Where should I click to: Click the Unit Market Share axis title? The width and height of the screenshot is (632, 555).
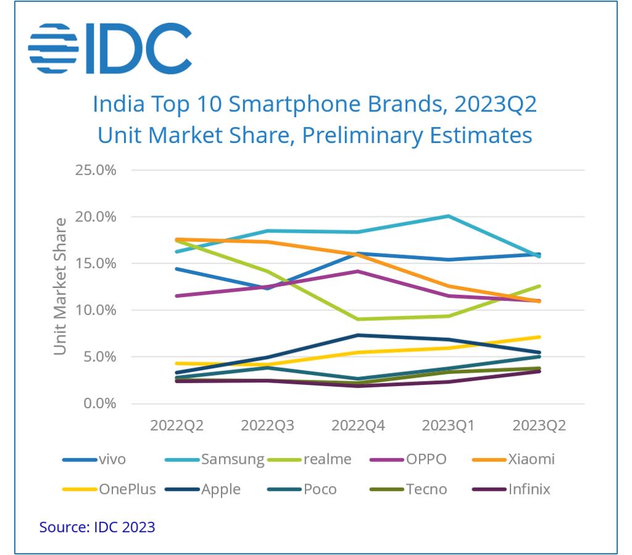click(x=59, y=286)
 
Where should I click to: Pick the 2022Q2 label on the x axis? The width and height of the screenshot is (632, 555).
click(x=177, y=426)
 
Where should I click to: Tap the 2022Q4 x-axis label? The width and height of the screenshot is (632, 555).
click(x=358, y=426)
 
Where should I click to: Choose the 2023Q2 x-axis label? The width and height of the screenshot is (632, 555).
click(x=539, y=426)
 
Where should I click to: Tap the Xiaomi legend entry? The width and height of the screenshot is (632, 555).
click(x=531, y=459)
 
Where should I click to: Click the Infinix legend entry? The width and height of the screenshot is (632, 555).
click(x=530, y=490)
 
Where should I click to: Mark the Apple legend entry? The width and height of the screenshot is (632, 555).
click(x=221, y=490)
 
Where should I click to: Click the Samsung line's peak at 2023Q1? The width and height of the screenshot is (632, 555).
click(x=449, y=216)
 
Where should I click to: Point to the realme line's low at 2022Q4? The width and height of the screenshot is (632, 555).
click(x=358, y=319)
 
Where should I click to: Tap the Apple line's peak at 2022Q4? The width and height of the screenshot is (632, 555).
click(x=358, y=335)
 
